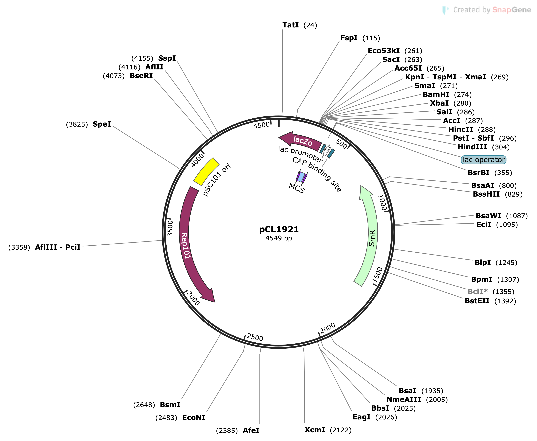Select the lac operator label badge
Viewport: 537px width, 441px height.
[483, 160]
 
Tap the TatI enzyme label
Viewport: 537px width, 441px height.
[290, 25]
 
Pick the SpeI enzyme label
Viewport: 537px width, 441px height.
[102, 124]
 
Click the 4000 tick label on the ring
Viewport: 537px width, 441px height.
[197, 160]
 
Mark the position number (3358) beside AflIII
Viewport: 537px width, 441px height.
[19, 247]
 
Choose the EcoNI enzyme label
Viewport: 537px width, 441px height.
[194, 418]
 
